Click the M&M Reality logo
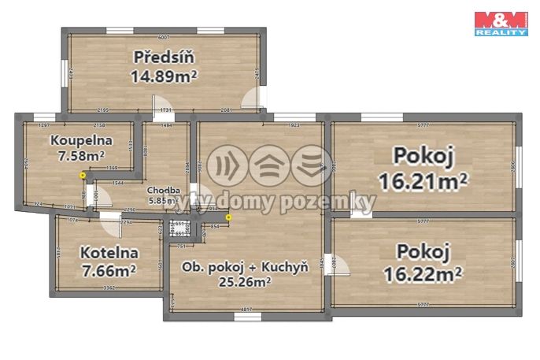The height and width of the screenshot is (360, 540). (500, 23)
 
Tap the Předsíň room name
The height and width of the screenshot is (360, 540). (164, 58)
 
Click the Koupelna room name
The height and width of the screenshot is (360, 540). (82, 141)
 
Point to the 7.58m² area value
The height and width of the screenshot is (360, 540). (82, 156)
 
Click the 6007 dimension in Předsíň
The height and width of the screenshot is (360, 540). (164, 37)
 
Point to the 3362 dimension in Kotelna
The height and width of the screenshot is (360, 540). (109, 289)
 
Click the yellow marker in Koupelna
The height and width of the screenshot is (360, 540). (83, 175)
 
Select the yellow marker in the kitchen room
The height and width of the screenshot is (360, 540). (229, 217)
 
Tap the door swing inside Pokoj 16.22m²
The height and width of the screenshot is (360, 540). (343, 265)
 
